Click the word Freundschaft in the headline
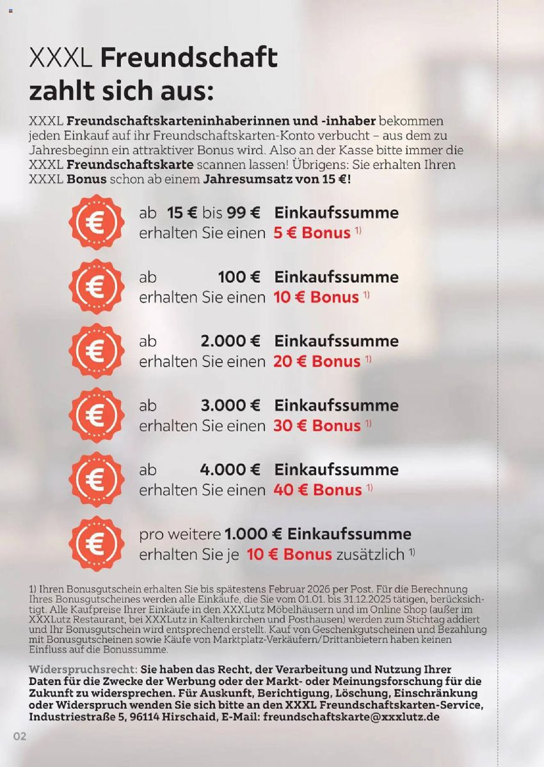tap(189, 58)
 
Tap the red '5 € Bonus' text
tap(312, 233)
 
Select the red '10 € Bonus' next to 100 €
tap(316, 297)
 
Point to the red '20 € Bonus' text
tap(317, 361)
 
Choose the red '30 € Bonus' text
tap(317, 426)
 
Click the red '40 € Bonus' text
tap(317, 491)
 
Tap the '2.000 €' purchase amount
tap(230, 342)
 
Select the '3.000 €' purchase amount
tap(230, 406)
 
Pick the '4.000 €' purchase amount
tap(230, 470)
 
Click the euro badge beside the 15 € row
tap(97, 222)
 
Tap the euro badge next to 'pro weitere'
tap(97, 544)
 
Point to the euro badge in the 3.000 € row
tap(97, 415)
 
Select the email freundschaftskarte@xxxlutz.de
tap(351, 718)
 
